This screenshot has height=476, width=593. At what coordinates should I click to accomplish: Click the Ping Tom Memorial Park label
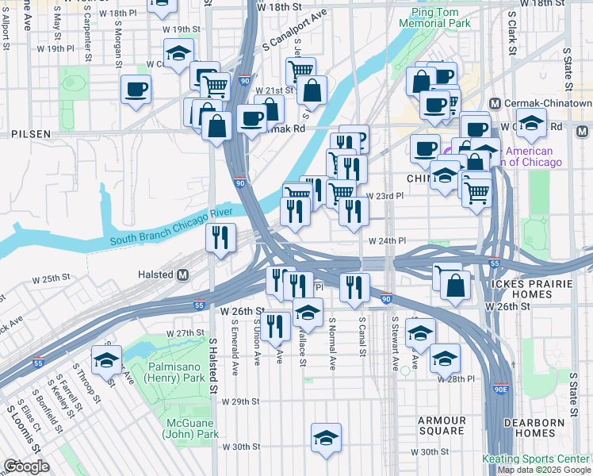pos(440,18)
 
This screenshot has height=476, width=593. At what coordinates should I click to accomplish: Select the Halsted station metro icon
pos(183,274)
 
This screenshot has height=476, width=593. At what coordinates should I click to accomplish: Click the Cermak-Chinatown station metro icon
pos(495,104)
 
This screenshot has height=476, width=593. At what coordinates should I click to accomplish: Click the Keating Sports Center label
pos(537,459)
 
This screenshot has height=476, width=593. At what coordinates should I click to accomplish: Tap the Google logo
pos(27,466)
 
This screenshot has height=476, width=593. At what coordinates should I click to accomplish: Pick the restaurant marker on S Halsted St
pos(220,236)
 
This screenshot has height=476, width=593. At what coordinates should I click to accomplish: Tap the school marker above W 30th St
pos(325,437)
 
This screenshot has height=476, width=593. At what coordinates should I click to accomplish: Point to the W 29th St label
pos(244,402)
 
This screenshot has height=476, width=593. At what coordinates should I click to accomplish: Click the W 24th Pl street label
pos(386,240)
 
